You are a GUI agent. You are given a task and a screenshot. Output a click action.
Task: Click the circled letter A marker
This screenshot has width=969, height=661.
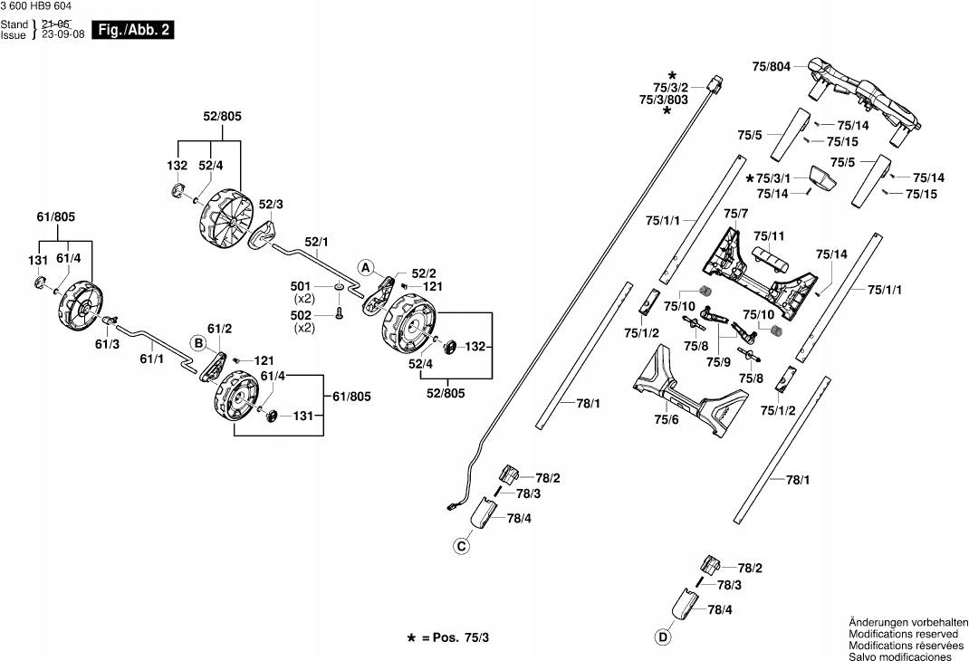[365, 268]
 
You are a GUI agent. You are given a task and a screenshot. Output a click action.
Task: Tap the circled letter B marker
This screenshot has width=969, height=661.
[197, 342]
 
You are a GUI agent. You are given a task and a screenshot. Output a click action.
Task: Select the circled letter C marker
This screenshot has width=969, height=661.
[462, 545]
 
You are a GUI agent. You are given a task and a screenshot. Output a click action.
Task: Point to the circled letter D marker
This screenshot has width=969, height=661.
[664, 637]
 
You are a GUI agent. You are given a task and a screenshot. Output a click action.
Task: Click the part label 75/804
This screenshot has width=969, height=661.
[772, 66]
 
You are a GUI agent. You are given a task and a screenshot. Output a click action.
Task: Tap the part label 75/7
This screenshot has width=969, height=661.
[736, 214]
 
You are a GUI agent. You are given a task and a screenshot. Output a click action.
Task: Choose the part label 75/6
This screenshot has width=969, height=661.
[666, 419]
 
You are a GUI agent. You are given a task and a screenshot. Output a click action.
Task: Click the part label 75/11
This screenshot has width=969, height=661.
[769, 235]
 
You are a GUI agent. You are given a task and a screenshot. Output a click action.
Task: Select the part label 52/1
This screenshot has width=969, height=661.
[317, 241]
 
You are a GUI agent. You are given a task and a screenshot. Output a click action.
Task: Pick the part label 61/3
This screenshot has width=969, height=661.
[106, 344]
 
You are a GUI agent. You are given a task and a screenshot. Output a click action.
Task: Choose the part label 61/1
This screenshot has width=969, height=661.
[151, 359]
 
